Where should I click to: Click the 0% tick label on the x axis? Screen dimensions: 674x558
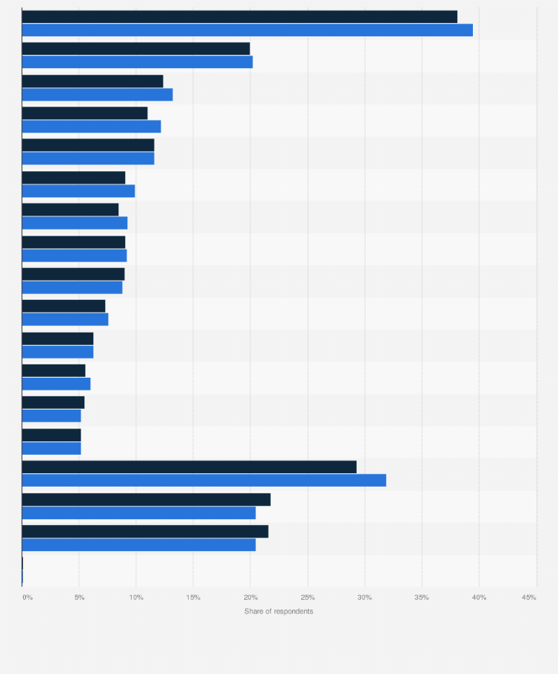point(27,597)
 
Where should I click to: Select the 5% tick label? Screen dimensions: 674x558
point(79,597)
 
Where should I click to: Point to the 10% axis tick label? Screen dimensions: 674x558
point(136,597)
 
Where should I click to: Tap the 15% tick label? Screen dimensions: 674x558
point(193,597)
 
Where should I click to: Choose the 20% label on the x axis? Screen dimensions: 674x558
point(250,597)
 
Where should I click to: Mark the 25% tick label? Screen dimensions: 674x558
point(308,597)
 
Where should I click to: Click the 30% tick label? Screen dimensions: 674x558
point(365,597)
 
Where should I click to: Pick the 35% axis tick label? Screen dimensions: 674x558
point(422,597)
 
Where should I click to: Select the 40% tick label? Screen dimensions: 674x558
point(479,597)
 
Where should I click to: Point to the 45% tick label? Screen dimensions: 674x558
point(528,597)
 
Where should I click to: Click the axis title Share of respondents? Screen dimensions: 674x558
point(279,611)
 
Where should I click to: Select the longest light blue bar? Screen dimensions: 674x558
point(247,30)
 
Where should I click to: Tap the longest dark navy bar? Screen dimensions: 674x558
point(240,17)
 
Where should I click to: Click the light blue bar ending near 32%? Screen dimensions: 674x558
point(204,481)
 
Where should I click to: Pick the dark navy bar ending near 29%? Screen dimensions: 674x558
point(189,467)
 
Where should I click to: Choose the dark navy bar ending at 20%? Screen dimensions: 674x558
point(136,49)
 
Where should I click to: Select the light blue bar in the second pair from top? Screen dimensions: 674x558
point(138,62)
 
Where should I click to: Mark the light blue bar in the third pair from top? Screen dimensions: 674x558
point(98,95)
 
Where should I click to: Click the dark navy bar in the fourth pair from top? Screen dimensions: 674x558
point(85,113)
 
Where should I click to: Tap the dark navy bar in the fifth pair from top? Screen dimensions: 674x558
point(88,145)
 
